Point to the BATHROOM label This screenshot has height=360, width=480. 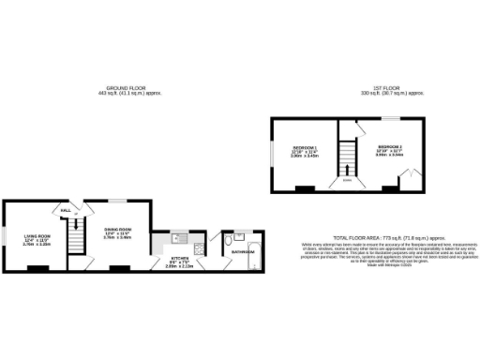click(244, 251)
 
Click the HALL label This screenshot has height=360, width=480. click(66, 211)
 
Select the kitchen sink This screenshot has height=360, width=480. click(183, 233)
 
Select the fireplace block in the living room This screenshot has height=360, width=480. click(37, 269)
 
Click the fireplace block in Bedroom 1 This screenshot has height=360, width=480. click(302, 188)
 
